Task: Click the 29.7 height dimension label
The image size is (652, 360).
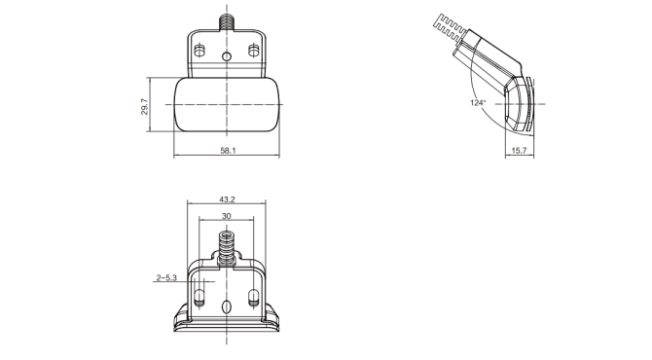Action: click(x=145, y=106)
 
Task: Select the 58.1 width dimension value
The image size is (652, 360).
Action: click(x=228, y=151)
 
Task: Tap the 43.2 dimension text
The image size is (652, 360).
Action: click(x=227, y=199)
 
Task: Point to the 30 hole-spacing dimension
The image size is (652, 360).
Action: click(x=226, y=216)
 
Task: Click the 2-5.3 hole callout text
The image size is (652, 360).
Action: click(x=166, y=277)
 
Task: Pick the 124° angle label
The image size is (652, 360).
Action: click(x=478, y=103)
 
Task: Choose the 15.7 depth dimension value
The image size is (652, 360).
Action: click(x=519, y=151)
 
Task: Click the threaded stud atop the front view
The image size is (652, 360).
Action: click(x=226, y=22)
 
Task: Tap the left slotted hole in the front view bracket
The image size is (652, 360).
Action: click(x=199, y=52)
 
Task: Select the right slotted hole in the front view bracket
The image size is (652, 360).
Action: click(x=252, y=52)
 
